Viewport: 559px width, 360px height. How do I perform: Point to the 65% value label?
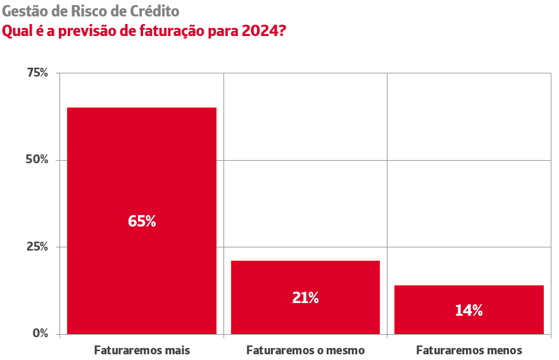click(142, 221)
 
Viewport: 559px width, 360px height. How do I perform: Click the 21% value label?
click(305, 298)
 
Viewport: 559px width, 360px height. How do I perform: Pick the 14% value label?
click(468, 311)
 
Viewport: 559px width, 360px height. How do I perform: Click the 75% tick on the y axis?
click(37, 73)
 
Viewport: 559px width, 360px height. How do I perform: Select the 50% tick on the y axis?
click(37, 159)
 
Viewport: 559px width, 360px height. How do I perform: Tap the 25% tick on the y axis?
click(37, 247)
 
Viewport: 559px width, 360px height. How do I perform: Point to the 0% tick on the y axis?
click(41, 333)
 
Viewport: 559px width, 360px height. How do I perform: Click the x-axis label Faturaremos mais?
click(142, 350)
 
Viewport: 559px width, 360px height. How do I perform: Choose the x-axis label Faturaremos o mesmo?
click(305, 350)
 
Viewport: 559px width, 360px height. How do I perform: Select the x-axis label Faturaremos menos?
click(468, 350)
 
